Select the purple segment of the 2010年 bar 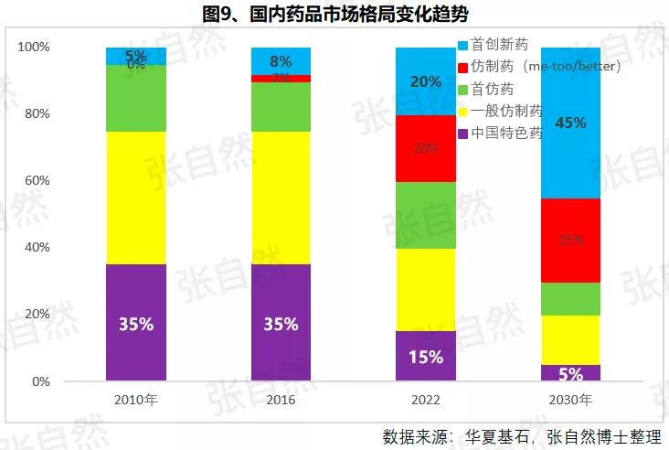135,322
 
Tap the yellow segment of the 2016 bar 281,198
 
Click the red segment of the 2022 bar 426,148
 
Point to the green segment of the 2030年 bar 570,299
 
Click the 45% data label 570,123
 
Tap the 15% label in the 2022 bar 426,357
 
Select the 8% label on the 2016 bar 281,62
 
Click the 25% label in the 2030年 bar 570,241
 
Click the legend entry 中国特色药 506,133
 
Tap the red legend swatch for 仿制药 463,67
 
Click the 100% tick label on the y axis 34,48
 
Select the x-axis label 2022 426,400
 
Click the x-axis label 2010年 136,400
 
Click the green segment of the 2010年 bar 135,98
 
